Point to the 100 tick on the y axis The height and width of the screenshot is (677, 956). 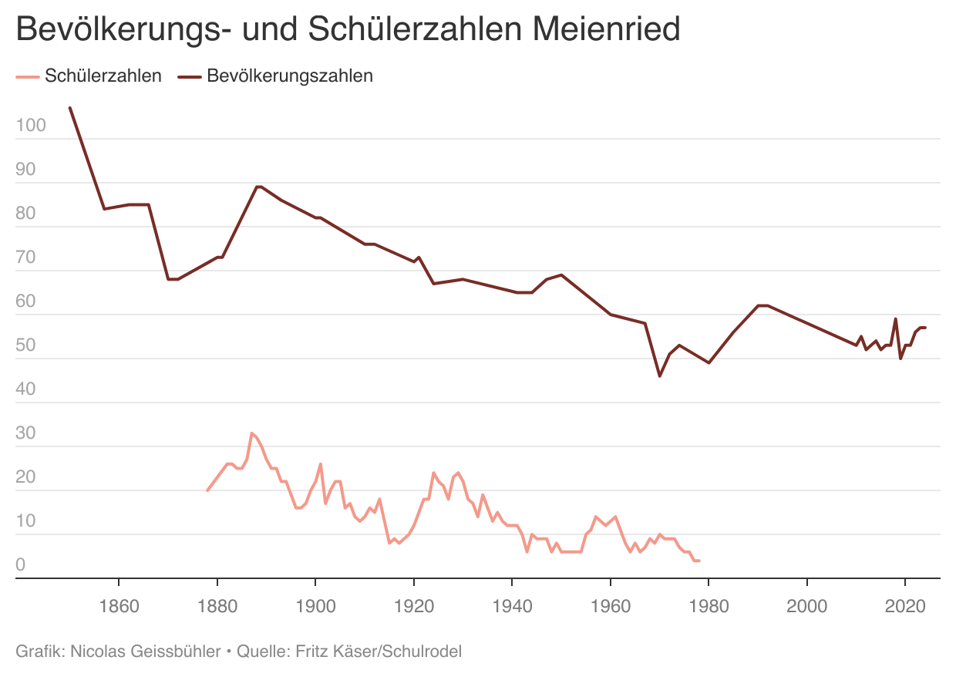pos(32,126)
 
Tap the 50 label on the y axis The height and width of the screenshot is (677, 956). pos(26,345)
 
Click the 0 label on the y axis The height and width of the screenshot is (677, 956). pos(21,565)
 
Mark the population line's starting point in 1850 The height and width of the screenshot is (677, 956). pos(70,108)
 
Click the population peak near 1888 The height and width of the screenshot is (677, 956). pos(258,187)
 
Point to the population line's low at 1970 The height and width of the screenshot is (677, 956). pos(660,376)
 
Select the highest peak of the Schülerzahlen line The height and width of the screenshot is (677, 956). pos(251,433)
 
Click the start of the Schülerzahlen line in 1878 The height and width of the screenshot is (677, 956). pos(207,490)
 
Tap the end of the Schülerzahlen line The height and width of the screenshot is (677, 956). pos(698,561)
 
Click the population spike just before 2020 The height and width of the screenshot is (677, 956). pos(895,318)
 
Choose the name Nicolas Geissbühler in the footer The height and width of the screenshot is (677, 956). pos(143,652)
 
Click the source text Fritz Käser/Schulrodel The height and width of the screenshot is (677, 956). pos(376,652)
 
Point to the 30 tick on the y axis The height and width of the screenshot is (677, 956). pos(26,433)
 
